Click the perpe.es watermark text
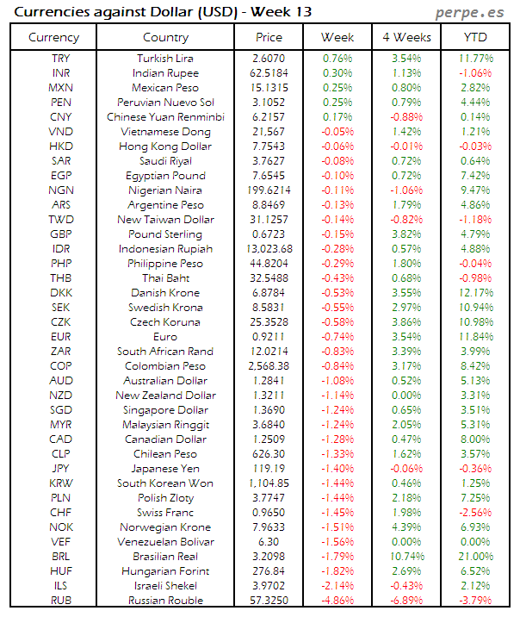(470, 13)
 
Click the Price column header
(269, 37)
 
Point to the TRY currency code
(61, 59)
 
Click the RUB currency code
(61, 601)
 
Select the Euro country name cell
(165, 337)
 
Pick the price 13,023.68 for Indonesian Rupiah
(269, 249)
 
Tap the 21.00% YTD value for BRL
(474, 557)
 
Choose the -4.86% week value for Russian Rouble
(337, 601)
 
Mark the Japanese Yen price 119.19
(269, 469)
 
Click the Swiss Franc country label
(165, 513)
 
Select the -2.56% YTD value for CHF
(474, 513)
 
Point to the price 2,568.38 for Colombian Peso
(269, 366)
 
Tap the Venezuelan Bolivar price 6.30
(269, 542)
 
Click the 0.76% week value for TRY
(337, 59)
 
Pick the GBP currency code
(61, 234)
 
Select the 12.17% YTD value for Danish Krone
(474, 293)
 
